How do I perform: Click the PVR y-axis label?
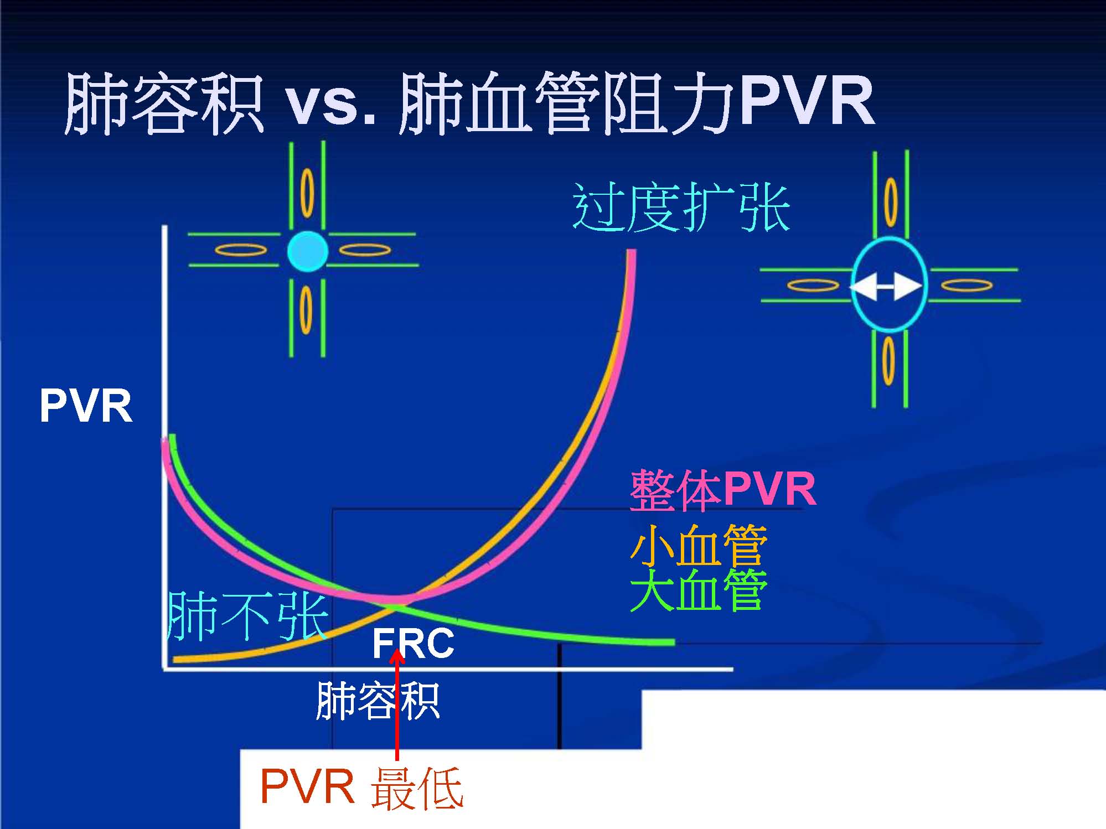(86, 406)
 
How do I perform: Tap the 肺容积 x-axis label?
(378, 701)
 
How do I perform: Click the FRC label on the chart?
(413, 644)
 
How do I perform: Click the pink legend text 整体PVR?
(723, 489)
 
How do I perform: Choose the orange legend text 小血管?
(699, 545)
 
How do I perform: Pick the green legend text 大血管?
(699, 590)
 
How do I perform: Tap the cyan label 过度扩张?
(681, 208)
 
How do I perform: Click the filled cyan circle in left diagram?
(308, 251)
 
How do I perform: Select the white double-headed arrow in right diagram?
(887, 286)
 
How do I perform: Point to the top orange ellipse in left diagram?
(307, 193)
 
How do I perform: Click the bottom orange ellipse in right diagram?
(888, 361)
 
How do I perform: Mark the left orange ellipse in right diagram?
(813, 286)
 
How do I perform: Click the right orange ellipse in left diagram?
(364, 250)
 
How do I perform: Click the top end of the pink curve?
(631, 253)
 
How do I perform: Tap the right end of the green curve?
(672, 642)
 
